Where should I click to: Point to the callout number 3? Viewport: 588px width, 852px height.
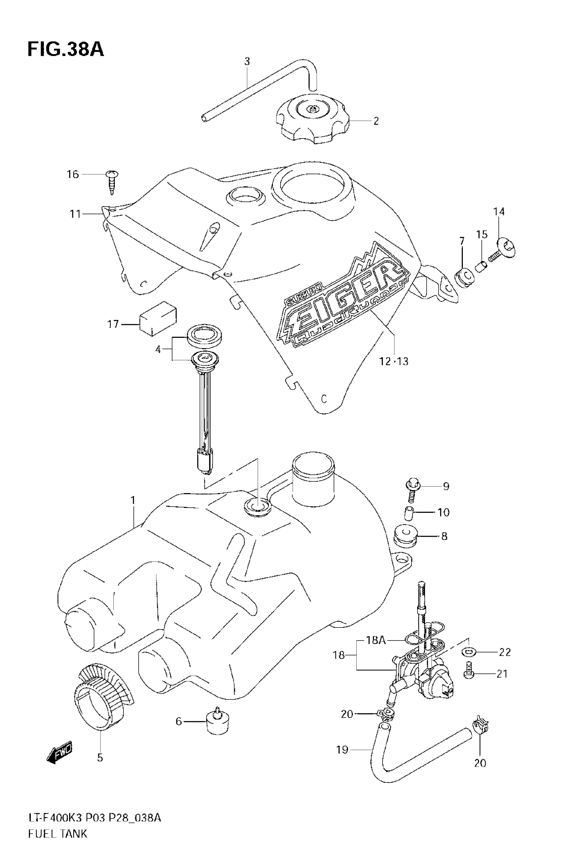click(x=247, y=61)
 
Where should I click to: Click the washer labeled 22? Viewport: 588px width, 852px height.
click(x=468, y=652)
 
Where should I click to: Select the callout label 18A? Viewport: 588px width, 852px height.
click(x=376, y=640)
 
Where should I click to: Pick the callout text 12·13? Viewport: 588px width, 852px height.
click(x=394, y=362)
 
